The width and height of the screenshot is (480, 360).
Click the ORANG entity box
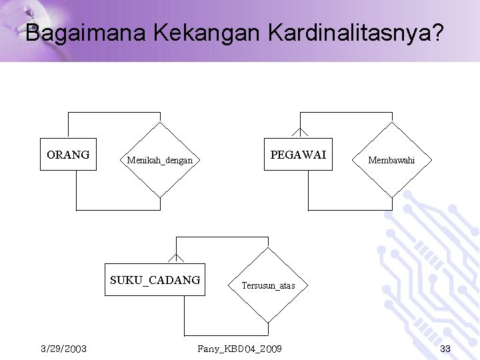pyautogui.click(x=68, y=155)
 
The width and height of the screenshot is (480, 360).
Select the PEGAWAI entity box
pyautogui.click(x=298, y=155)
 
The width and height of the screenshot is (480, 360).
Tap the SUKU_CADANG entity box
pyautogui.click(x=155, y=280)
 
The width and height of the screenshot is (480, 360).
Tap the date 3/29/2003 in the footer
pyautogui.click(x=63, y=349)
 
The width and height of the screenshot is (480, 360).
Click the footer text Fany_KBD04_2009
pyautogui.click(x=239, y=349)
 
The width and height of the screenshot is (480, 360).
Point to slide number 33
pyautogui.click(x=445, y=349)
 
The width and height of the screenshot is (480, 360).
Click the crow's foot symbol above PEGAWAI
pyautogui.click(x=300, y=132)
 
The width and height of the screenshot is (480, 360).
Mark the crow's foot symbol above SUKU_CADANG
pyautogui.click(x=176, y=257)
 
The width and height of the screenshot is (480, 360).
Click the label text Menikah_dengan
pyautogui.click(x=160, y=160)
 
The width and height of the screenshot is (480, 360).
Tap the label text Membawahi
pyautogui.click(x=391, y=160)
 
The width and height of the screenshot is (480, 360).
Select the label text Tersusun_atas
pyautogui.click(x=268, y=285)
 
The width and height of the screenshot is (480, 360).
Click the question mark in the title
pyautogui.click(x=436, y=33)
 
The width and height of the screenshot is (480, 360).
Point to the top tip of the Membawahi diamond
pyautogui.click(x=391, y=123)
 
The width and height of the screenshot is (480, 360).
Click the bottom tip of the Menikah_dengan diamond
pyautogui.click(x=160, y=197)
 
